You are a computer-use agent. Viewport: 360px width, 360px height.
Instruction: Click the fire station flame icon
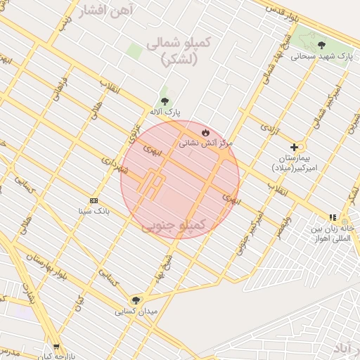click(205, 131)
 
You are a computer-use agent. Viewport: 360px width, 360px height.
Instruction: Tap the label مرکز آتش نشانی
click(205, 143)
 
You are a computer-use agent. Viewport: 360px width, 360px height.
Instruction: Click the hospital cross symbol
click(294, 147)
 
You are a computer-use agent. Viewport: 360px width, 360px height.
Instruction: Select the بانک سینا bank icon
click(94, 200)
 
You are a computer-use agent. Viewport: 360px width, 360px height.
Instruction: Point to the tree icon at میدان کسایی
click(136, 300)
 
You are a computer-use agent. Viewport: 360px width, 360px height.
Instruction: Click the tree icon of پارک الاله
click(165, 101)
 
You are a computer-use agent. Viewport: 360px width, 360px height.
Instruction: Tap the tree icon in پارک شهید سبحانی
click(322, 44)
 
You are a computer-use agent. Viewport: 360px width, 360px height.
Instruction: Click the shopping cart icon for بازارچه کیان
click(56, 347)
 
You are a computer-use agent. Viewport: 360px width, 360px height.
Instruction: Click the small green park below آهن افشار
click(134, 51)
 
